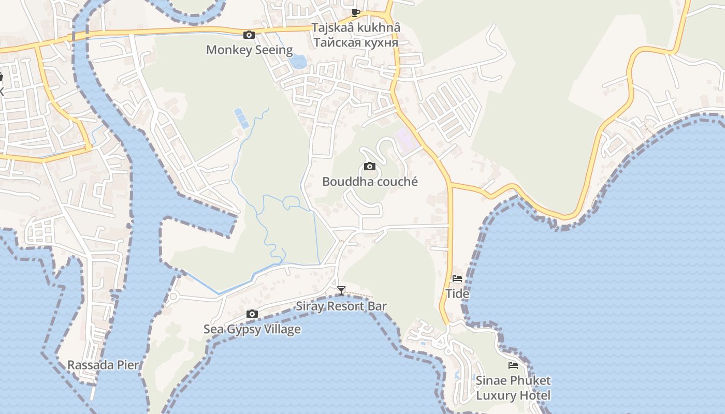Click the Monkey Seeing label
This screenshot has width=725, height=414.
tap(249, 50)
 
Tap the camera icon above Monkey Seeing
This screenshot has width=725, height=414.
tap(249, 35)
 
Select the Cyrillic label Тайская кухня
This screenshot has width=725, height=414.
tap(356, 42)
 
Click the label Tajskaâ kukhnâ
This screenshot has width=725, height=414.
tap(356, 28)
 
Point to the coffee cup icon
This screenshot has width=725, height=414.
tap(356, 12)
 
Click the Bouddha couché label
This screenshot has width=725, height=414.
tap(370, 182)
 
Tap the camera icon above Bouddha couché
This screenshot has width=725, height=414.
tap(369, 166)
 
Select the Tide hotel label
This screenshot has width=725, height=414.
tap(457, 294)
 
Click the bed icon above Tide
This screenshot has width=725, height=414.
tap(457, 278)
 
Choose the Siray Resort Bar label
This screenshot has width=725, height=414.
tap(341, 306)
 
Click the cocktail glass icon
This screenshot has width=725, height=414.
tap(341, 291)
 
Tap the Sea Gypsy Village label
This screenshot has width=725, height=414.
tap(252, 329)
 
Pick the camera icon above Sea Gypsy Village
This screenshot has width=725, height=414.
tap(252, 314)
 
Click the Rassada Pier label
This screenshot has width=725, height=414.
tap(103, 365)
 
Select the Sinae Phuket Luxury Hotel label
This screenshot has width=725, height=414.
tap(513, 388)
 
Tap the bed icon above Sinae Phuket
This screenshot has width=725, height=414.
tap(513, 365)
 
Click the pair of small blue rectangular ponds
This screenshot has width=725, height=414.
tap(241, 119)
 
